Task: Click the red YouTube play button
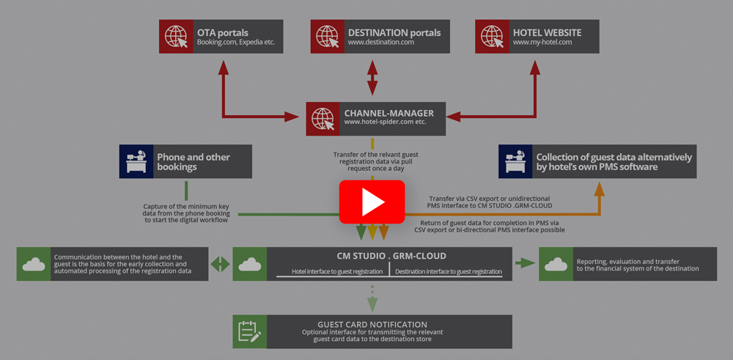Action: coord(372,201)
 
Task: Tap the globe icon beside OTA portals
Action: coord(176,37)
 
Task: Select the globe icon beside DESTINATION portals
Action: coord(327,37)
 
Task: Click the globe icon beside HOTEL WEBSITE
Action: coord(492,37)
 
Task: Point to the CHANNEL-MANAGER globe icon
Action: coord(323,118)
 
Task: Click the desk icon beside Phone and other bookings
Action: coord(136,161)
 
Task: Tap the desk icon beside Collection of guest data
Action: coord(515,161)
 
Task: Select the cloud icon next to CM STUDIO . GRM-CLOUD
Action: coord(249,264)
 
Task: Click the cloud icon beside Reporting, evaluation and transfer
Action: coord(556,264)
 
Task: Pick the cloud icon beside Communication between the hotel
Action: coord(34,264)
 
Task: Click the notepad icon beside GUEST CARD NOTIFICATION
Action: coord(249,332)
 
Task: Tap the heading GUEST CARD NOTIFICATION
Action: coord(372,324)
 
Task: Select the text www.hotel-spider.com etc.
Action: coord(385,122)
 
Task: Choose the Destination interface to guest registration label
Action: coord(449,271)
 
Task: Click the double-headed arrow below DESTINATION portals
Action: coord(372,76)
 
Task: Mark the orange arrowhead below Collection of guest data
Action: coord(599,188)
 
